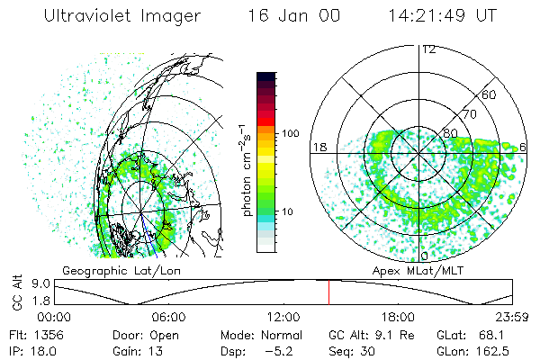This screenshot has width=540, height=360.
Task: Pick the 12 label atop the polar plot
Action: tap(428, 49)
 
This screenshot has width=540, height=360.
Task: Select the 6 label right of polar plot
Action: tap(524, 148)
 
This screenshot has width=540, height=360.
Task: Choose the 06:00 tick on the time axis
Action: tap(169, 317)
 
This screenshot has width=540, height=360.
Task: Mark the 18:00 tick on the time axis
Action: tap(399, 317)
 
